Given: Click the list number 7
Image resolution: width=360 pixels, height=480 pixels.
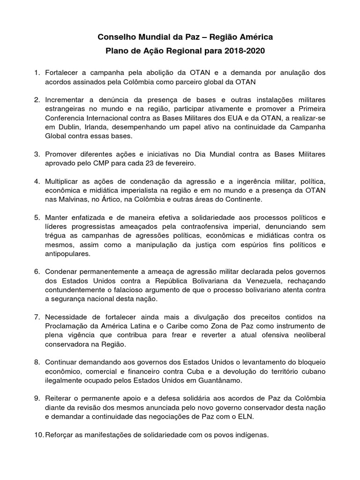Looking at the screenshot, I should point(37,317).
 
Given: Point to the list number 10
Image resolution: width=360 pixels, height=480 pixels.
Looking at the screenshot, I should point(38,435).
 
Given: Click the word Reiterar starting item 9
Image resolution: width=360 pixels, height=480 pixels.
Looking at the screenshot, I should point(60,398).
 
